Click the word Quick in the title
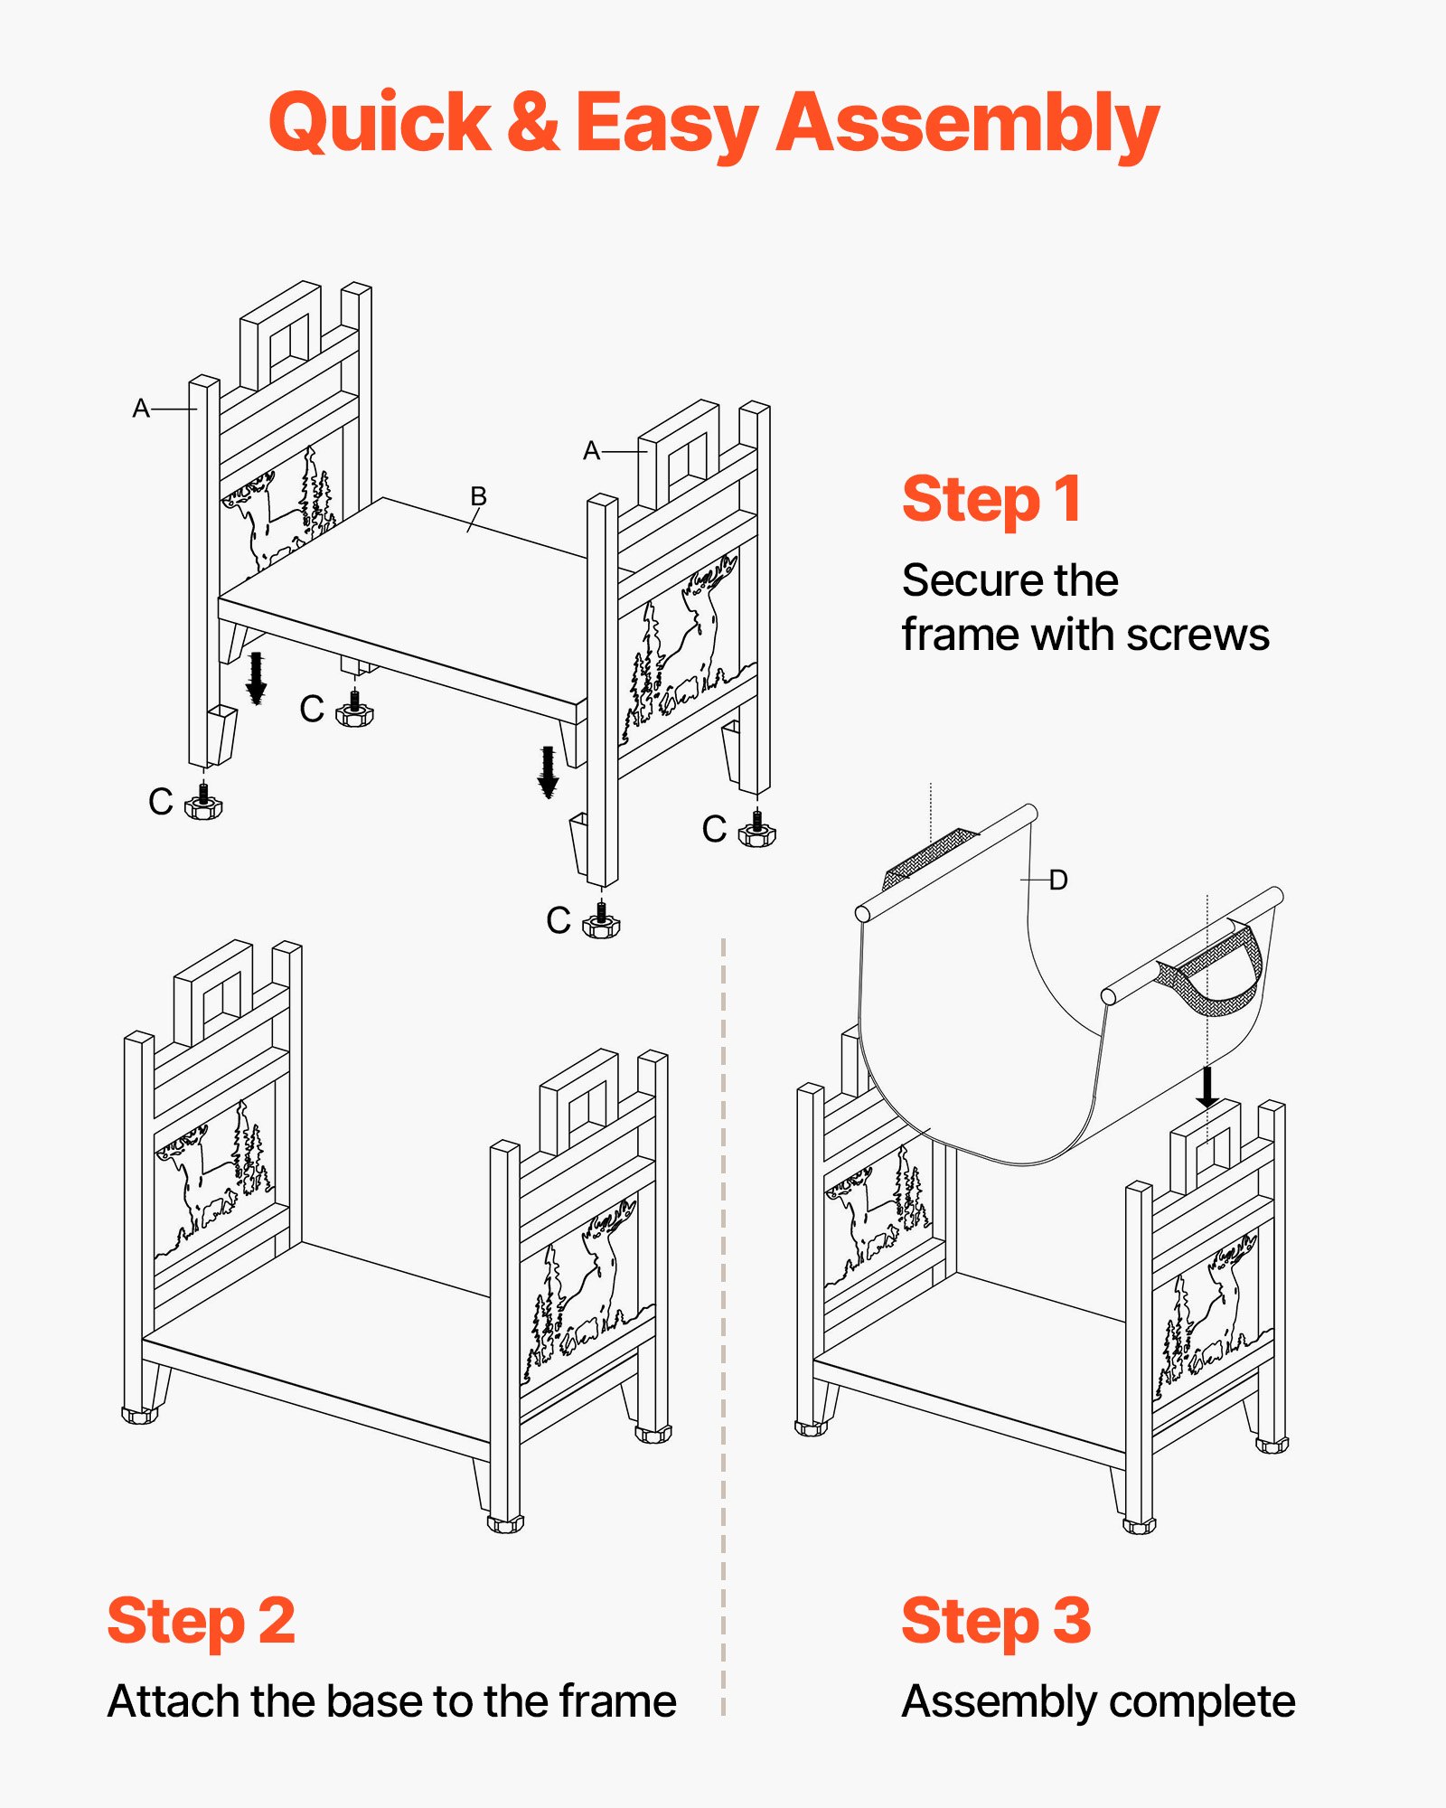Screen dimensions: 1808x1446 (x=380, y=123)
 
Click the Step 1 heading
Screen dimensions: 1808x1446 (x=991, y=499)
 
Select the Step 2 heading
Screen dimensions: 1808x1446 (x=201, y=1621)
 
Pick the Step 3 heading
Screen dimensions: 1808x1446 (x=996, y=1621)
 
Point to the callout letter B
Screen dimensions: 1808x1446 (x=478, y=496)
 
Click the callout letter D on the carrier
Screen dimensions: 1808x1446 (x=1058, y=880)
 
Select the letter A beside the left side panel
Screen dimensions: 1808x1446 (x=140, y=409)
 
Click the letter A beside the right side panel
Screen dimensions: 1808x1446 (x=591, y=450)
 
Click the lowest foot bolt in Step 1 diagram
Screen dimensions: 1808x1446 (x=601, y=921)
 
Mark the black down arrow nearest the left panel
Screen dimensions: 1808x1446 (x=257, y=677)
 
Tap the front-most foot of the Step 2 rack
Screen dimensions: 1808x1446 (x=505, y=1524)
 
